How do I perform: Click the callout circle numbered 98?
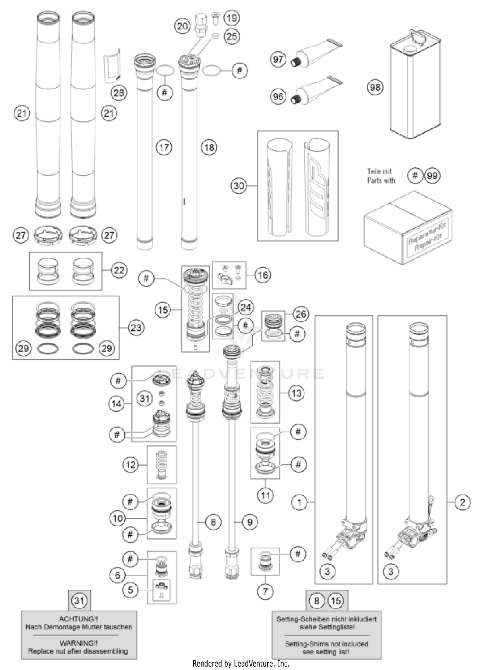pyautogui.click(x=375, y=87)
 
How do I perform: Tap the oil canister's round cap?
pyautogui.click(x=410, y=49)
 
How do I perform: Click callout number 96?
pyautogui.click(x=278, y=97)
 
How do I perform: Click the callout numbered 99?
pyautogui.click(x=432, y=176)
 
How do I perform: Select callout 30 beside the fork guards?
pyautogui.click(x=239, y=186)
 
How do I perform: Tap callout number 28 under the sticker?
pyautogui.click(x=119, y=93)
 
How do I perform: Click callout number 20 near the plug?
pyautogui.click(x=182, y=26)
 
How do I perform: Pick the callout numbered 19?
pyautogui.click(x=232, y=18)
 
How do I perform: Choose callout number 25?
pyautogui.click(x=232, y=36)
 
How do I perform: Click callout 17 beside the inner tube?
pyautogui.click(x=164, y=147)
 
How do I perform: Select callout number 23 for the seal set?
pyautogui.click(x=136, y=328)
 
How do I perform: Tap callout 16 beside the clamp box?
pyautogui.click(x=263, y=275)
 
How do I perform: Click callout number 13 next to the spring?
pyautogui.click(x=296, y=393)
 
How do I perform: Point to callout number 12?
pyautogui.click(x=130, y=465)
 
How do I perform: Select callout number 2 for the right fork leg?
pyautogui.click(x=462, y=502)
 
